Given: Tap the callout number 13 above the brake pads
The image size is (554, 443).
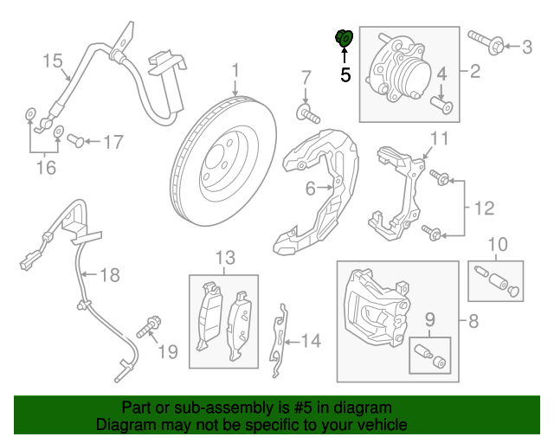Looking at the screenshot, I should (225, 257).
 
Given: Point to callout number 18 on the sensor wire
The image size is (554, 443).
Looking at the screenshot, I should (110, 276).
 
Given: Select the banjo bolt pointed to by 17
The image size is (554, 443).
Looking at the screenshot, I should (76, 139).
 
